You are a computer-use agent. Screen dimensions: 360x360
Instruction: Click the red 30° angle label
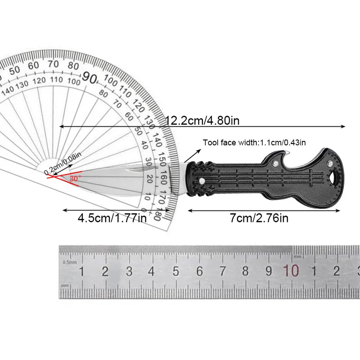click(x=75, y=178)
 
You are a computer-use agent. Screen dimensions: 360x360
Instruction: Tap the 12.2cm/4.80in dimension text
click(x=202, y=120)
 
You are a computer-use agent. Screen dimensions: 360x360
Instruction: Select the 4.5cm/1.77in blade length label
click(x=112, y=218)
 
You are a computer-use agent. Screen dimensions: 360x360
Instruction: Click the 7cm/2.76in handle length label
click(x=259, y=218)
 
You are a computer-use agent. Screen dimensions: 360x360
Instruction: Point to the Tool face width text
click(x=254, y=143)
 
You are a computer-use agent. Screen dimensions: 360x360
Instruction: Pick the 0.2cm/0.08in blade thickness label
click(x=63, y=163)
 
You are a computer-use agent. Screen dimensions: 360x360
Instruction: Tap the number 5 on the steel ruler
click(x=175, y=271)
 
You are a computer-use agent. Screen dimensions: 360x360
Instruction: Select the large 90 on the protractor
click(x=90, y=77)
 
